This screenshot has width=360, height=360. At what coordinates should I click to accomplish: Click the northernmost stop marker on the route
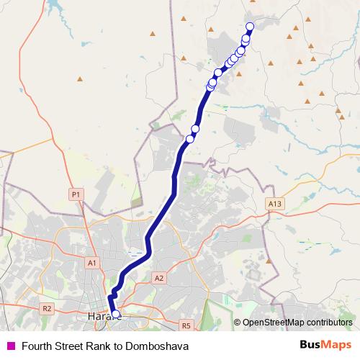[x=250, y=27]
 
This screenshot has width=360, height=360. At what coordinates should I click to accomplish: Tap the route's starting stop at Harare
[x=116, y=314]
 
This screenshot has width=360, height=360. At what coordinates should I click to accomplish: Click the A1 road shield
[x=91, y=263]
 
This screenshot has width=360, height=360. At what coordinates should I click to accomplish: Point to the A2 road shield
[x=159, y=277]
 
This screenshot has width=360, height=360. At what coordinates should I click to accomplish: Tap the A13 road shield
[x=273, y=204]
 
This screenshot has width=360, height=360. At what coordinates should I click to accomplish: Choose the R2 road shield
[x=47, y=308]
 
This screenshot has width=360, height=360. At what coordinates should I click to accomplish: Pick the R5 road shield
[x=186, y=325]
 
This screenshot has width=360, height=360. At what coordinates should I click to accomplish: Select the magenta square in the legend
[x=10, y=346]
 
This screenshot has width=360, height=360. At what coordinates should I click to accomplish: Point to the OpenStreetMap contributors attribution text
[x=297, y=323]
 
